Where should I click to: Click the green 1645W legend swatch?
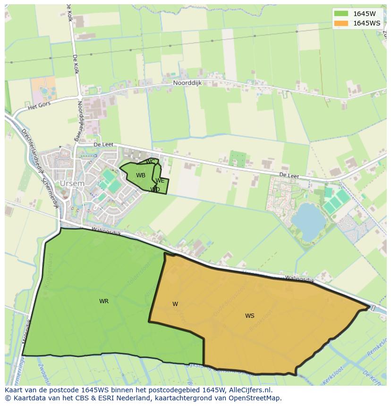pyautogui.click(x=340, y=14)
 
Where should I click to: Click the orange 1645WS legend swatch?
pyautogui.click(x=340, y=23)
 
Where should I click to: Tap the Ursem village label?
pyautogui.click(x=72, y=183)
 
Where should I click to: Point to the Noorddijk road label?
pyautogui.click(x=188, y=82)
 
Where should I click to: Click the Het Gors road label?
pyautogui.click(x=39, y=107)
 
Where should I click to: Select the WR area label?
pyautogui.click(x=104, y=301)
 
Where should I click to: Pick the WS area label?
pyautogui.click(x=250, y=316)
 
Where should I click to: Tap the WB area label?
pyautogui.click(x=141, y=175)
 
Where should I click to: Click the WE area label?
pyautogui.click(x=160, y=181)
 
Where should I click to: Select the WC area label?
pyautogui.click(x=150, y=162)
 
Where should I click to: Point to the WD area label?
pyautogui.click(x=155, y=190)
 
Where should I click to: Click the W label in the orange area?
pyautogui.click(x=175, y=304)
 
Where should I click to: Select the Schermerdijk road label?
pyautogui.click(x=50, y=193)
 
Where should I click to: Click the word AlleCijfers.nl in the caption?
pyautogui.click(x=255, y=390)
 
